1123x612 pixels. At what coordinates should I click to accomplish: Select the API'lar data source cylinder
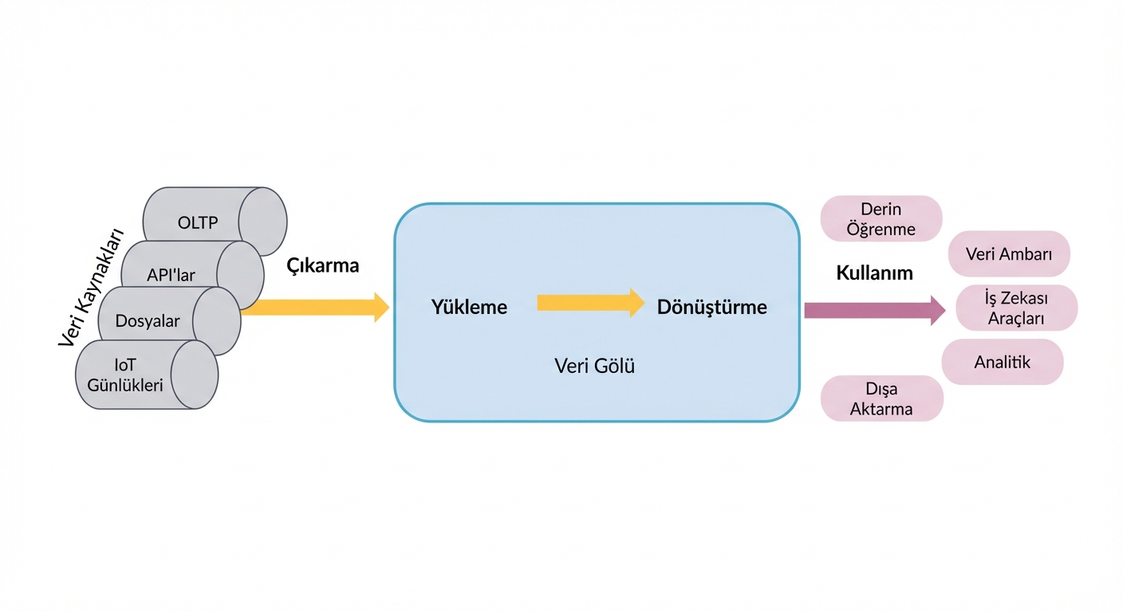pos(171,275)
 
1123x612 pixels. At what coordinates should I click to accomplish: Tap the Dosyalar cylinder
pos(148,321)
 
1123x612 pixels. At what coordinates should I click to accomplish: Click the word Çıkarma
pos(323,266)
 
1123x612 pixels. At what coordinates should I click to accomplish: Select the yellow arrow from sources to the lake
pos(315,308)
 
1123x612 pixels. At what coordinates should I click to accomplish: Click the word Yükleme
pos(469,307)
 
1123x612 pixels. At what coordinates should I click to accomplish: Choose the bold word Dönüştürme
pos(711,307)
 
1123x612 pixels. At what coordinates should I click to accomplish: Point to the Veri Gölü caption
pos(594,367)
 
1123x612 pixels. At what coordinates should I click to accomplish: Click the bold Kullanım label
pos(874,273)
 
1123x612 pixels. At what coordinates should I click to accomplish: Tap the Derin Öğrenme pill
pos(881,219)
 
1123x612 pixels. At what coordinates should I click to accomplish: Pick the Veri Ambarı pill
pos(1009,254)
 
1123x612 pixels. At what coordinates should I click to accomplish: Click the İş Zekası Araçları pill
pos(1016,308)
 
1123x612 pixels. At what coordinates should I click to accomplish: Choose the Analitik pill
pos(1003,362)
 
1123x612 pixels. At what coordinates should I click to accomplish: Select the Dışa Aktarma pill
pos(881,399)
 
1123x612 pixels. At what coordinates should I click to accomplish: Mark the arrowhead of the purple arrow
pos(938,310)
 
